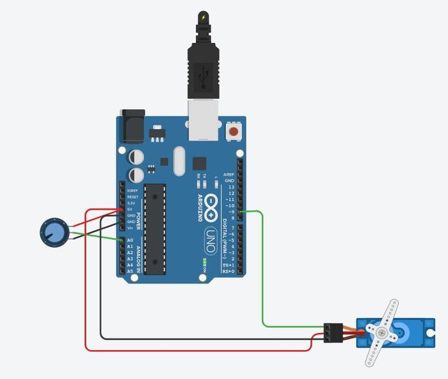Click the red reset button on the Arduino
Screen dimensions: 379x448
pos(234,131)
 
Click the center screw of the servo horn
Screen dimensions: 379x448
pos(381,333)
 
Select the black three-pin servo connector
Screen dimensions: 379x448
pos(333,332)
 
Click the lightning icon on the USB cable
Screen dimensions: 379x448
pos(204,17)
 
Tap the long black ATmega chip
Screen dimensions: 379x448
pos(154,228)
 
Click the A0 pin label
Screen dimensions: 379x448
pos(130,240)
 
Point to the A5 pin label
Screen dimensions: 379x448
pos(130,271)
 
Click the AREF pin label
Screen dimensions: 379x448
pos(228,174)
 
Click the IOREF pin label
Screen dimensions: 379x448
pos(132,190)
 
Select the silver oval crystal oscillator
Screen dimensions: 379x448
pos(178,160)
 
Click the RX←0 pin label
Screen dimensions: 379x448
pos(227,271)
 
